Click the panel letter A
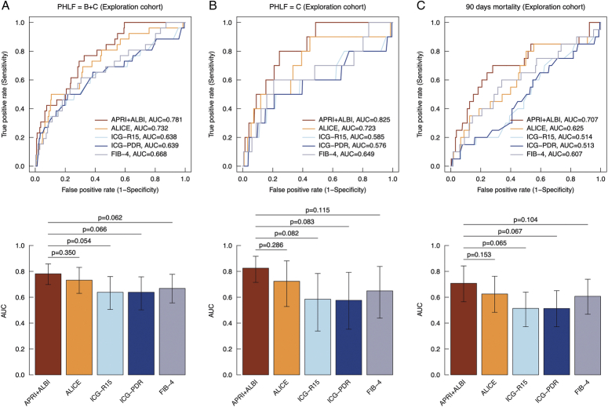(x=5, y=6)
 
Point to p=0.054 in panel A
(x=81, y=242)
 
